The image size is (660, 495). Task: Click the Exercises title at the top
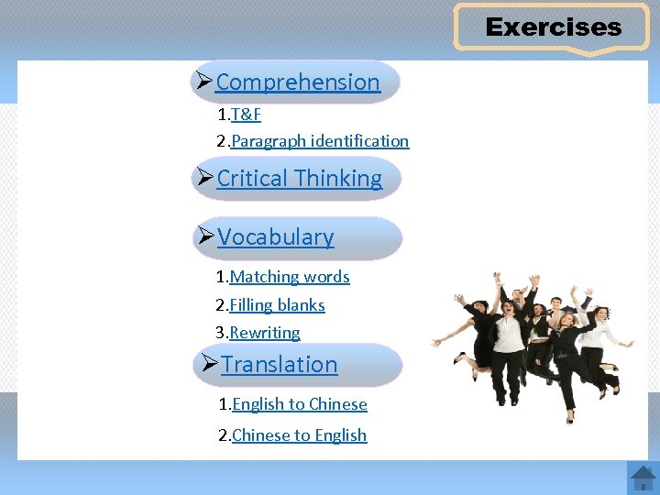click(x=553, y=27)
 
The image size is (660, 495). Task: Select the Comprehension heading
click(x=297, y=82)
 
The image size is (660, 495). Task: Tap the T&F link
click(x=247, y=115)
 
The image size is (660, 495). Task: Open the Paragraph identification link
click(x=319, y=141)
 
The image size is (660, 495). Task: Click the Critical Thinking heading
click(x=299, y=178)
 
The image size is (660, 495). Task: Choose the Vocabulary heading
click(x=275, y=236)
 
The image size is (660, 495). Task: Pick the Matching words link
click(x=290, y=277)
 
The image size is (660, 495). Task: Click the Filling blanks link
click(x=277, y=305)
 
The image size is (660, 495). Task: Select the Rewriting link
click(x=265, y=333)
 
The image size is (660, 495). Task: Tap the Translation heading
click(x=279, y=364)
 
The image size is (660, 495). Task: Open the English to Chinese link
click(x=300, y=404)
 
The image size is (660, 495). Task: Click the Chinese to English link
click(x=300, y=435)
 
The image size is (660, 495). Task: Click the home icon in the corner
click(x=643, y=478)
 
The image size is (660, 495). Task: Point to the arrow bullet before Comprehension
click(x=204, y=82)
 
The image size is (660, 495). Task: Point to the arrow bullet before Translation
click(x=210, y=364)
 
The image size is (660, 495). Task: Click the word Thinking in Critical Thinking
click(x=340, y=178)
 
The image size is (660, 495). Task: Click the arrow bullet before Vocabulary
click(x=206, y=236)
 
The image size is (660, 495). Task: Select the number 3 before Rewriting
click(x=220, y=333)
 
